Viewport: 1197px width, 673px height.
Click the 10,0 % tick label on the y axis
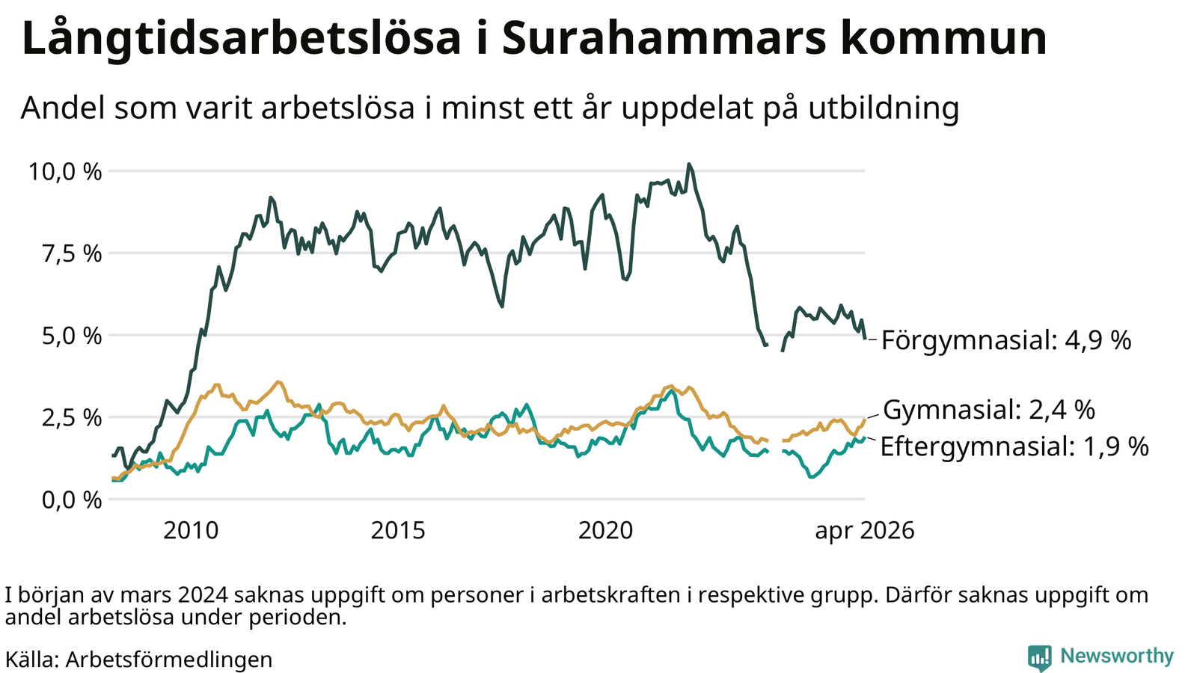tap(64, 172)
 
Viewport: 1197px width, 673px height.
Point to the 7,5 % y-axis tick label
tap(72, 254)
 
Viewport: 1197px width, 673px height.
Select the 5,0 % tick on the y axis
tap(72, 336)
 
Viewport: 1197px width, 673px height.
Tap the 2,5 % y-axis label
tap(72, 418)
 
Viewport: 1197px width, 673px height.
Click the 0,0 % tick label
tap(72, 500)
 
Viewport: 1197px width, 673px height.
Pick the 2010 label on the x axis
tap(191, 531)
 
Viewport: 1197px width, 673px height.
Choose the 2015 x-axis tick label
tap(398, 531)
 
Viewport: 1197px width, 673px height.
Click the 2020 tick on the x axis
tap(605, 531)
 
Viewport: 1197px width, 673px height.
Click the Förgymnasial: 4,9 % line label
tap(1006, 340)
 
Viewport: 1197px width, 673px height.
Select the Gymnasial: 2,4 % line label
tap(989, 411)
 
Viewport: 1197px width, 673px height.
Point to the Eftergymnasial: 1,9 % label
tap(1014, 446)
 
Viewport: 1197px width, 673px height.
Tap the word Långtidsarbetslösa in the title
tap(242, 39)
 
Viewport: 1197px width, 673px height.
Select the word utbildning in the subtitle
tap(884, 108)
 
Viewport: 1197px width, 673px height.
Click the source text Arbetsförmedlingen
tap(169, 660)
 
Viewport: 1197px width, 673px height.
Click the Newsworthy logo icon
tap(1039, 657)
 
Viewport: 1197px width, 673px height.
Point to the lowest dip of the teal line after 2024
tap(812, 476)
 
